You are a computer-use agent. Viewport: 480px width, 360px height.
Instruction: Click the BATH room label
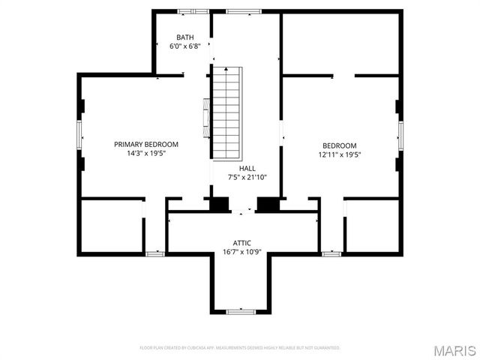point(184,37)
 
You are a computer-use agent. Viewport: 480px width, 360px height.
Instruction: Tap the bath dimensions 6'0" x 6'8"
point(184,46)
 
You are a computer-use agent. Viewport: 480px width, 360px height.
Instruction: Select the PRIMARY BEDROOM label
point(146,144)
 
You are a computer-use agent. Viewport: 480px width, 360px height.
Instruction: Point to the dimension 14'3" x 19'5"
point(146,153)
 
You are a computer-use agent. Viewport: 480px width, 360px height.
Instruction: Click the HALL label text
point(247,169)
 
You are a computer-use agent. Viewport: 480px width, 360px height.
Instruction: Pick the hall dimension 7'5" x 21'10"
point(247,178)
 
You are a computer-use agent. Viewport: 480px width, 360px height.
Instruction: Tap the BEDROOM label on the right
point(340,145)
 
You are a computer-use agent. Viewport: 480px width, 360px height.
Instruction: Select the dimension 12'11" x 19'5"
point(340,154)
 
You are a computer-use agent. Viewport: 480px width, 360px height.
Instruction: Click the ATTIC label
point(241,243)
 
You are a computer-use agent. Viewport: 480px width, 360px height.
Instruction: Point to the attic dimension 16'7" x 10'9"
point(241,252)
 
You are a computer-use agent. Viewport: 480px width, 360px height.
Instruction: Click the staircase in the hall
point(226,112)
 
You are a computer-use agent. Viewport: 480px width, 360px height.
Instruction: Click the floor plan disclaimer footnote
point(240,348)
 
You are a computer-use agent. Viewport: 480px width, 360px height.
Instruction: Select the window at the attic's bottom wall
point(241,310)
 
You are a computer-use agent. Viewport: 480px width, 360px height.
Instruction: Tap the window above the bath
point(189,11)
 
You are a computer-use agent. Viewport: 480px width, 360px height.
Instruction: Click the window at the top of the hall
point(244,11)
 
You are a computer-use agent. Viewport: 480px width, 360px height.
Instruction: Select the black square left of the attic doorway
point(220,204)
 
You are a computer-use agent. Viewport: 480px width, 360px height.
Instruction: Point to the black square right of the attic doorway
point(268,204)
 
